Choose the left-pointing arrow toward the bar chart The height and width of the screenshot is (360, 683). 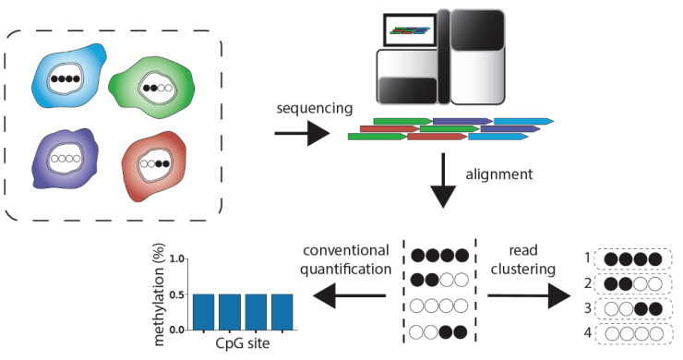349,295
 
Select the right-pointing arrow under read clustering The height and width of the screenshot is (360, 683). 526,295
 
